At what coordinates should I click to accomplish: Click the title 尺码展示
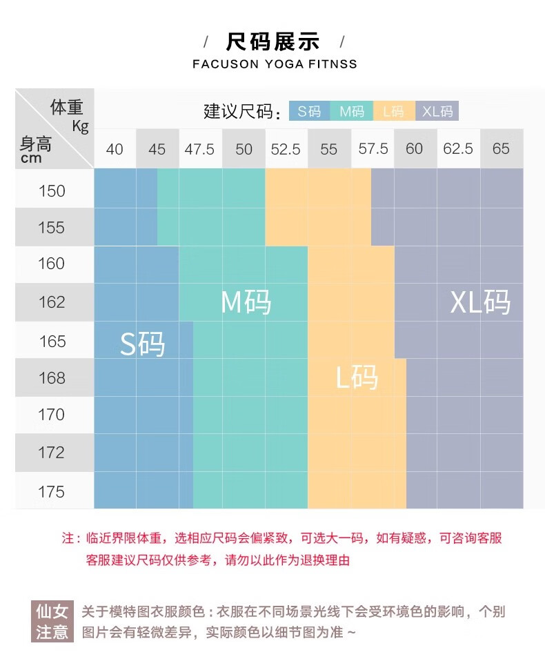tap(273, 41)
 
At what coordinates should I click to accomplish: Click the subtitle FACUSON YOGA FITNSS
tap(275, 64)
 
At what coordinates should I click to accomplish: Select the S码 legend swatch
tap(309, 111)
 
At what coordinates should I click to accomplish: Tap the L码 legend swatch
tap(394, 111)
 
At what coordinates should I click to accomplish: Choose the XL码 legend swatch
tap(437, 111)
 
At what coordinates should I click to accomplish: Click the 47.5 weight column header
tap(199, 149)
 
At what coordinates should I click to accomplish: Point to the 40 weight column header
tap(115, 149)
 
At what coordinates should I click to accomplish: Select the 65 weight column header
tap(501, 149)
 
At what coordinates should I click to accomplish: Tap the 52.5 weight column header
tap(286, 149)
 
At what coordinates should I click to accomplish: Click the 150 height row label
tap(52, 191)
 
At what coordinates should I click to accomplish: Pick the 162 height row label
tap(52, 302)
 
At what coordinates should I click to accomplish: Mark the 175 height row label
tap(52, 492)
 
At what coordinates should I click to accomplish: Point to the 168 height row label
tap(52, 378)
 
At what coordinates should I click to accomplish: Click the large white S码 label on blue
tap(143, 343)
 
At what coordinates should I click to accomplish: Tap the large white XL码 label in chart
tap(480, 302)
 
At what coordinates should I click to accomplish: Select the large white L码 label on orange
tap(357, 377)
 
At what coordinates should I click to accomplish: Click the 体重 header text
tap(66, 108)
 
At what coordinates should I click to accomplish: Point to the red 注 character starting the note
tap(68, 538)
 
